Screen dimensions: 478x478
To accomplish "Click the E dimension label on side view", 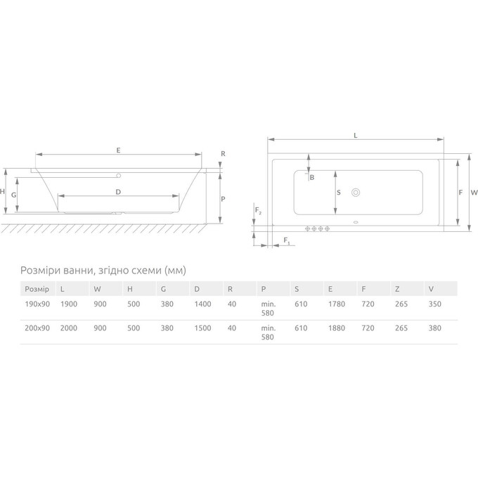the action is (x=118, y=150).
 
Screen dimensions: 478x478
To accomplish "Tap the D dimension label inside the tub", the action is (x=118, y=192).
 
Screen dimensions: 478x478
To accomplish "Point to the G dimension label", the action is (x=14, y=195).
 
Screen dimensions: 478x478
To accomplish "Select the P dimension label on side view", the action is (x=223, y=199).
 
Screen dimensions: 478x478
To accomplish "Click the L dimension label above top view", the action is (x=356, y=136).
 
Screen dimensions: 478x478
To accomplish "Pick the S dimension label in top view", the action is (x=338, y=193).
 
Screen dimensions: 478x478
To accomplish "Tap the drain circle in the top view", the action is (x=356, y=193).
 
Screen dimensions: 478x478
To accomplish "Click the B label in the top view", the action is (x=312, y=177).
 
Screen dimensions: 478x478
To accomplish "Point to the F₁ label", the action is (x=287, y=241).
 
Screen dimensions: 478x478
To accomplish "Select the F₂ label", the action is (x=258, y=211).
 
